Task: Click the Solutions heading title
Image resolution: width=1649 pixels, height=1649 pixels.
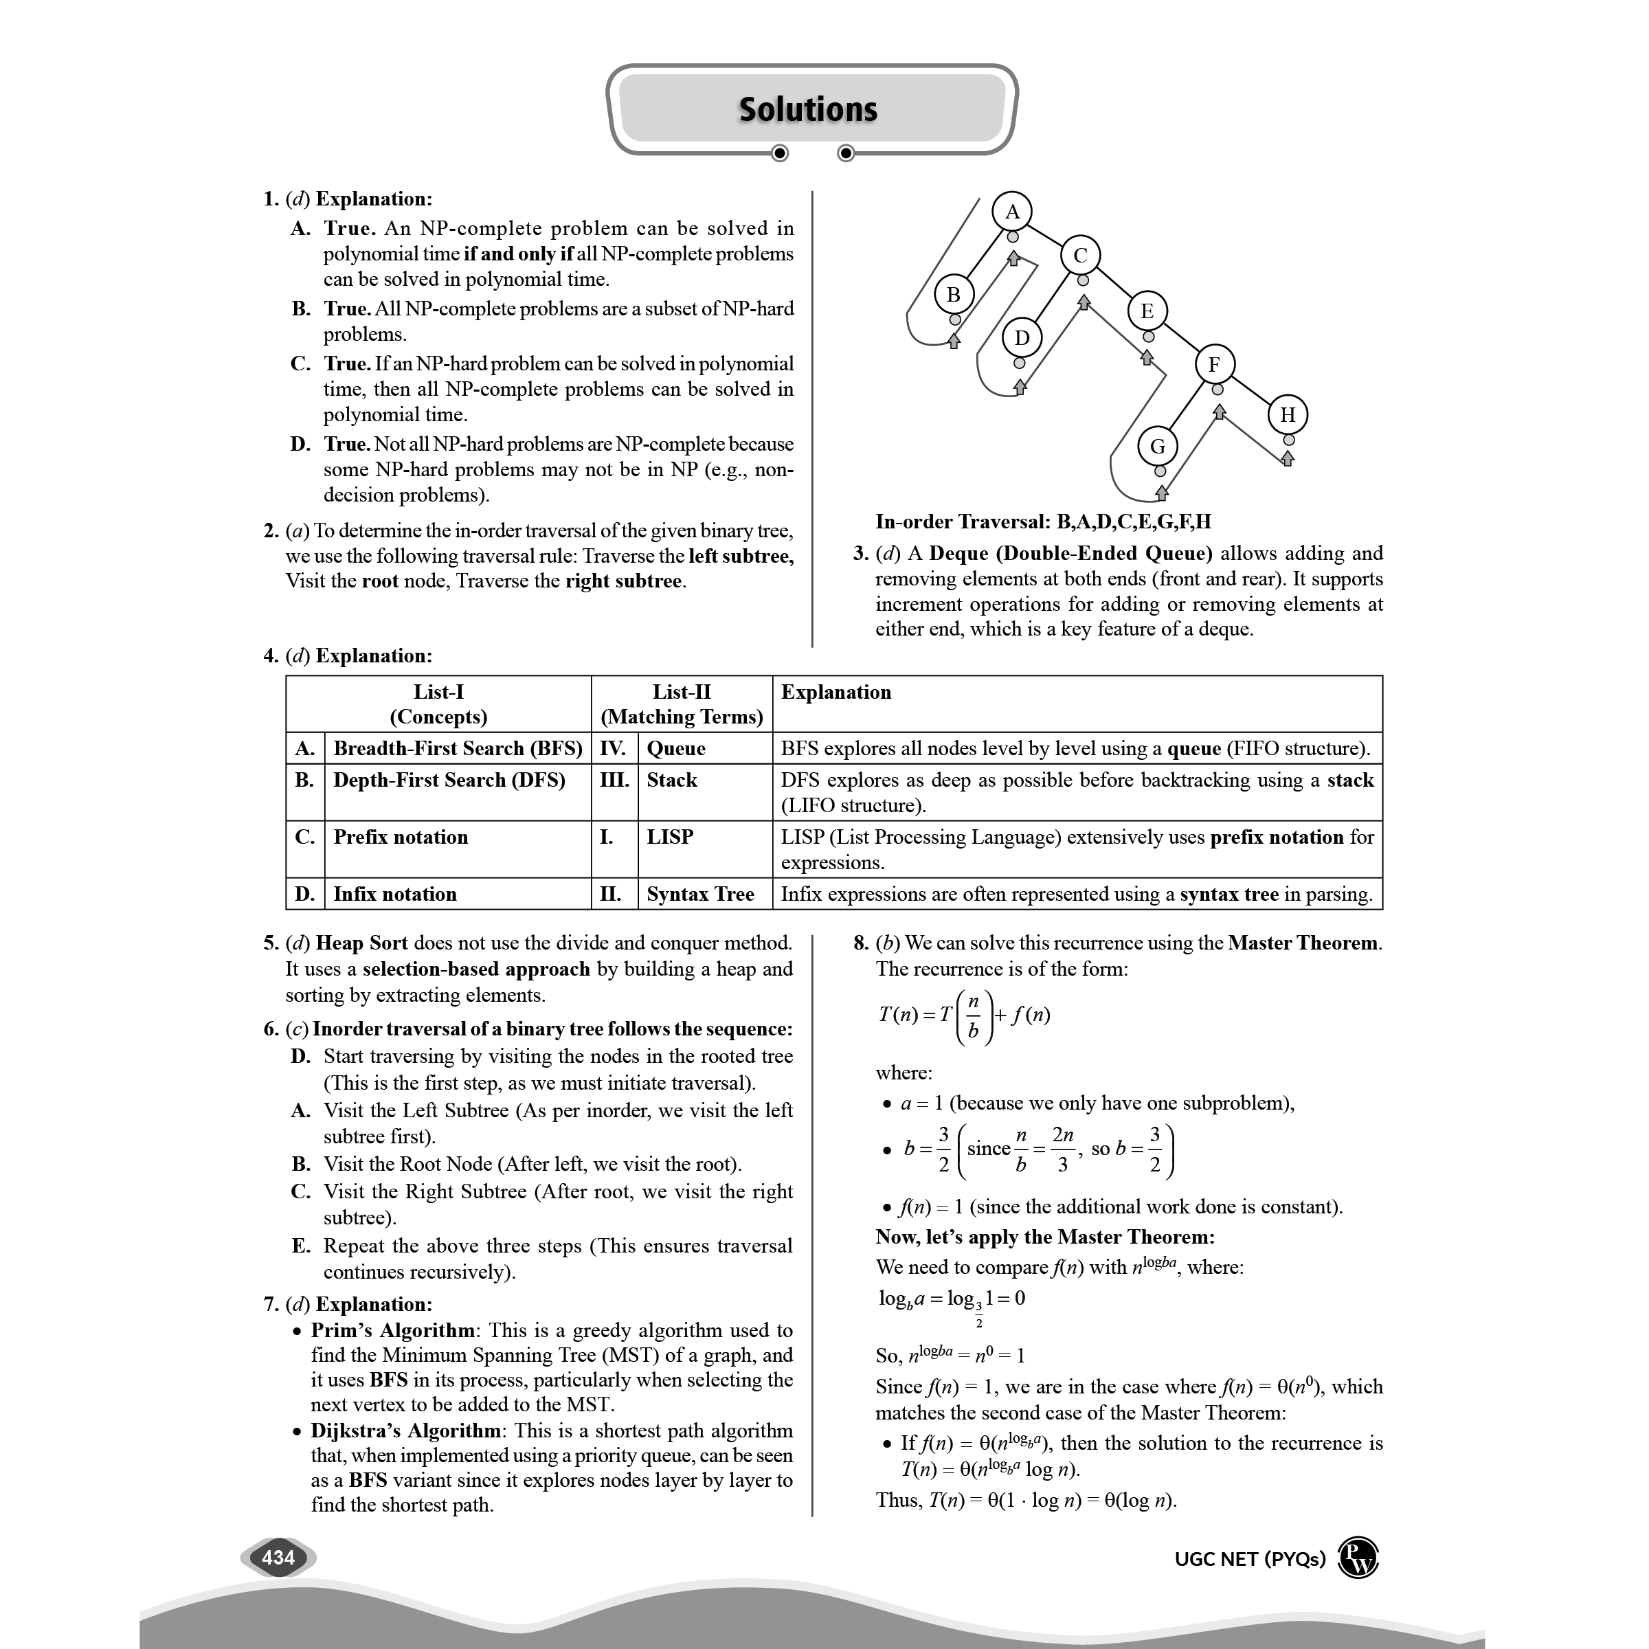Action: [807, 109]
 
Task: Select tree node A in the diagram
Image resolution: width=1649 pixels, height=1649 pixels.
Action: [1012, 212]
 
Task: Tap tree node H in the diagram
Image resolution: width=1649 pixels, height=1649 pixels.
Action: [1287, 415]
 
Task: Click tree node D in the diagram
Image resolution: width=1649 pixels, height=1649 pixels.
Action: [1022, 338]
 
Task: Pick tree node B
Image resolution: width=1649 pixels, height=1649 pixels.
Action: [954, 295]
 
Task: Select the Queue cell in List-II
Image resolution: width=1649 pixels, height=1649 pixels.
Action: [676, 748]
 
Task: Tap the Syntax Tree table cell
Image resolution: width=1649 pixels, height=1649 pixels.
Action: [700, 894]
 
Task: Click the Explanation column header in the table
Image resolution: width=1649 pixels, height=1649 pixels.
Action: [835, 692]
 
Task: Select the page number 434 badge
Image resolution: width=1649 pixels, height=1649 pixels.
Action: [278, 1558]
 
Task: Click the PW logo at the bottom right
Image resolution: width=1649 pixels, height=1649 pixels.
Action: [1358, 1558]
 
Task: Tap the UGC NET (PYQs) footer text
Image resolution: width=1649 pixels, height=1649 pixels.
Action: [1250, 1560]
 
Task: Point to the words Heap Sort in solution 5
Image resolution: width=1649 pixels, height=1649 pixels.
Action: [361, 943]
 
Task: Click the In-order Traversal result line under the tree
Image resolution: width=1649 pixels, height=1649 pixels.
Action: [1043, 521]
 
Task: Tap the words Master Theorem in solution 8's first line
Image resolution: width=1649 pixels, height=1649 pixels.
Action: [1303, 943]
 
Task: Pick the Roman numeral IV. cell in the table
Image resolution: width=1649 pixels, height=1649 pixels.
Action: [613, 748]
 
